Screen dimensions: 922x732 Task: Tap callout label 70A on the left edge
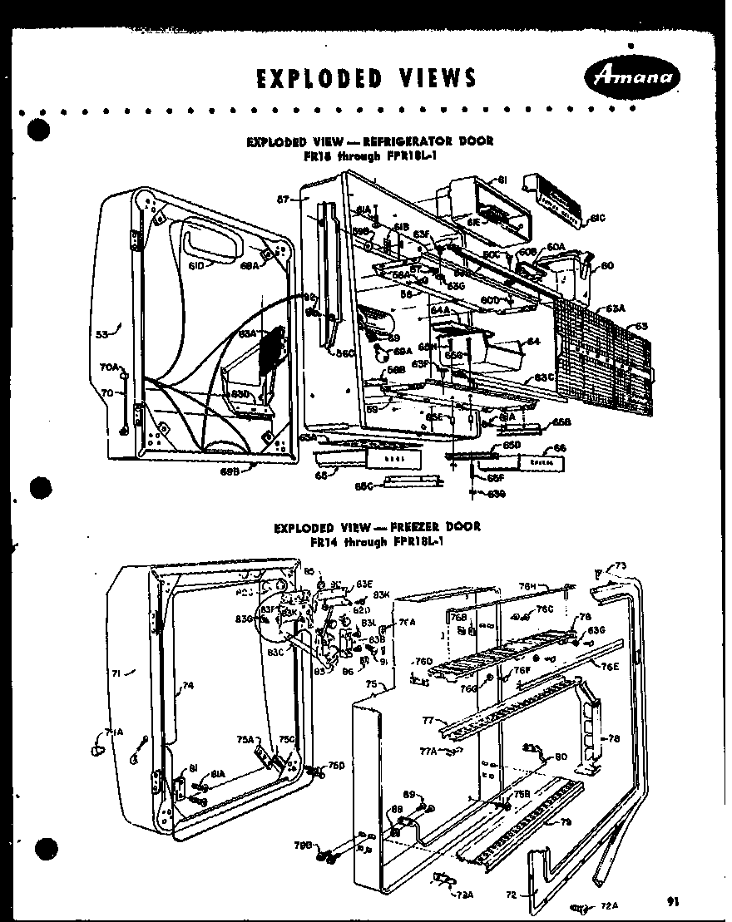tap(110, 367)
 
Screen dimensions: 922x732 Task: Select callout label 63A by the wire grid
tap(615, 308)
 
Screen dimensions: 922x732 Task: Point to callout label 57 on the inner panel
tap(284, 200)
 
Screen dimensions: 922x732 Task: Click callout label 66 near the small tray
tap(560, 448)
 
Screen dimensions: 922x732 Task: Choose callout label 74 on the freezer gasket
tap(188, 686)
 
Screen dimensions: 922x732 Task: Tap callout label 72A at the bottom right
tap(608, 905)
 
